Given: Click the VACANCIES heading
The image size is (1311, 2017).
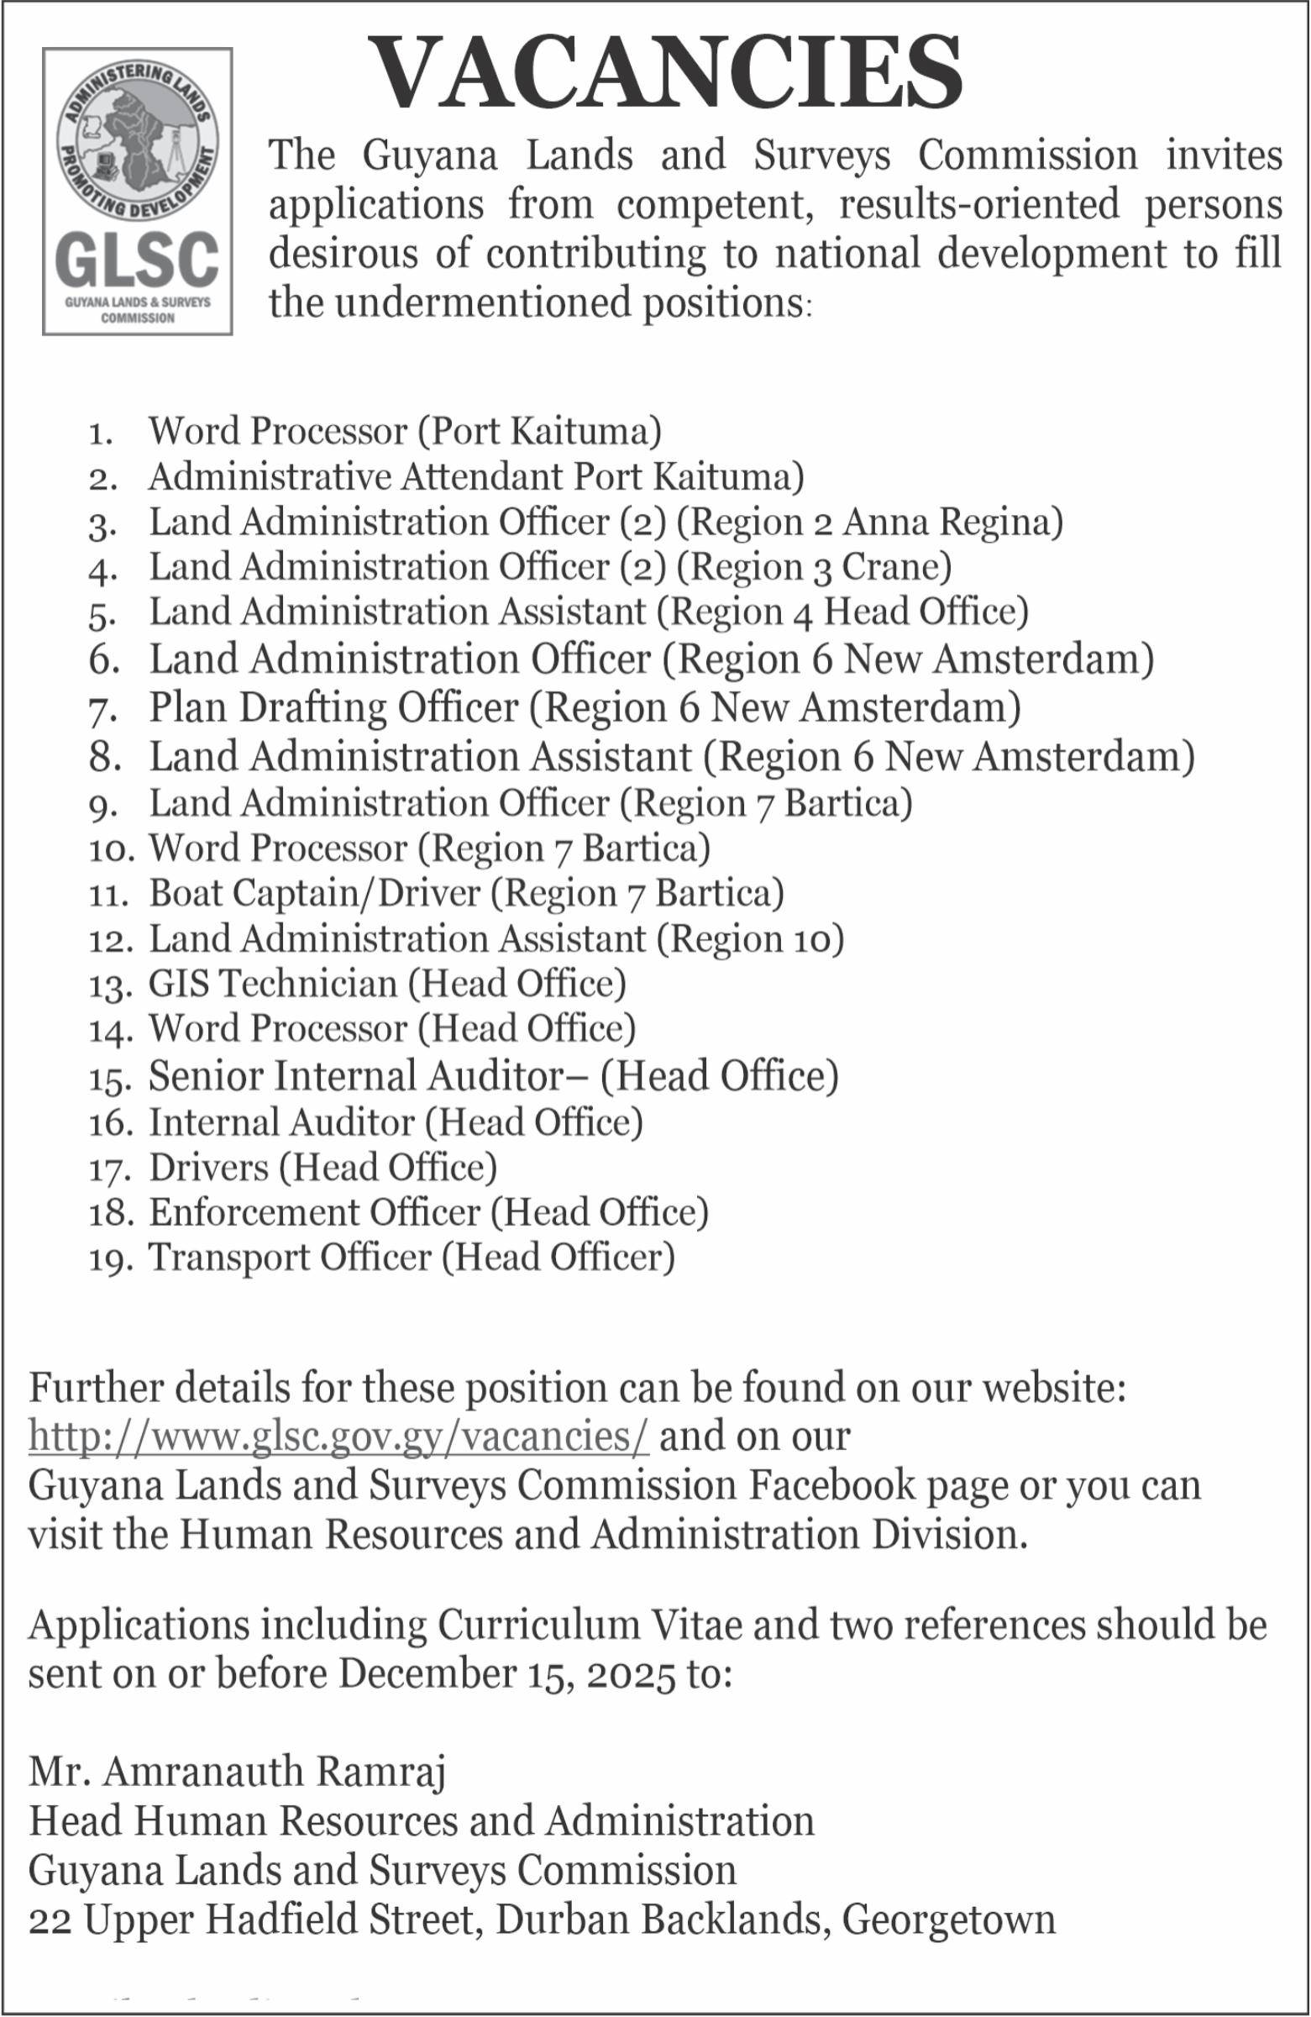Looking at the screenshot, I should [666, 74].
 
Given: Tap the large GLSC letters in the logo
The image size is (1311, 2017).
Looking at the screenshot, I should [136, 260].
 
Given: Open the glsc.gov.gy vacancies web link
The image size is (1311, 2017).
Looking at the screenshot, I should [338, 1437].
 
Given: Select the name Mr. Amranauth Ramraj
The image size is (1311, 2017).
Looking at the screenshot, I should [238, 1772].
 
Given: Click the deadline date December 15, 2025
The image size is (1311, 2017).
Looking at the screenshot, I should [507, 1673].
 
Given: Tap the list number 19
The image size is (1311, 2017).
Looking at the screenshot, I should [110, 1259].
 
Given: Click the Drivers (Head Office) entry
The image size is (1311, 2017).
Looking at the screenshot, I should [323, 1167].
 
